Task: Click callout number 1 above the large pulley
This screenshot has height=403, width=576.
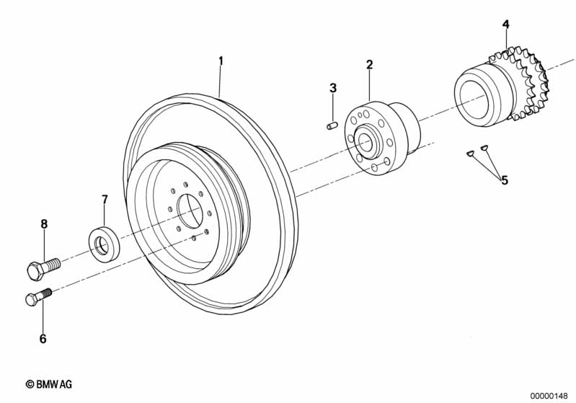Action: pos(221,61)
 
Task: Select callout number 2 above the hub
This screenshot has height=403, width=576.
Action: pos(369,65)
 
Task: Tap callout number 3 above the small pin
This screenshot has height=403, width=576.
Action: pos(333,88)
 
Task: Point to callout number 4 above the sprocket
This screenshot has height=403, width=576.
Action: pos(506,25)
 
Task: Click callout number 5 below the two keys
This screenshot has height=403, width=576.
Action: pos(505,180)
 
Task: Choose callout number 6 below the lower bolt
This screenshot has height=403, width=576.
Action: pos(43,338)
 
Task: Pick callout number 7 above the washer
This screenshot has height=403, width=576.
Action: pos(104,199)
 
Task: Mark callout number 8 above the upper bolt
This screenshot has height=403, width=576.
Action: pos(44,224)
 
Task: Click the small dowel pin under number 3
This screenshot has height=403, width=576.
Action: pos(332,127)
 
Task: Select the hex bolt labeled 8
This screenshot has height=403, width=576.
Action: pos(43,267)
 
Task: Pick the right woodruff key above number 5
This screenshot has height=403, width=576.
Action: pos(484,148)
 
